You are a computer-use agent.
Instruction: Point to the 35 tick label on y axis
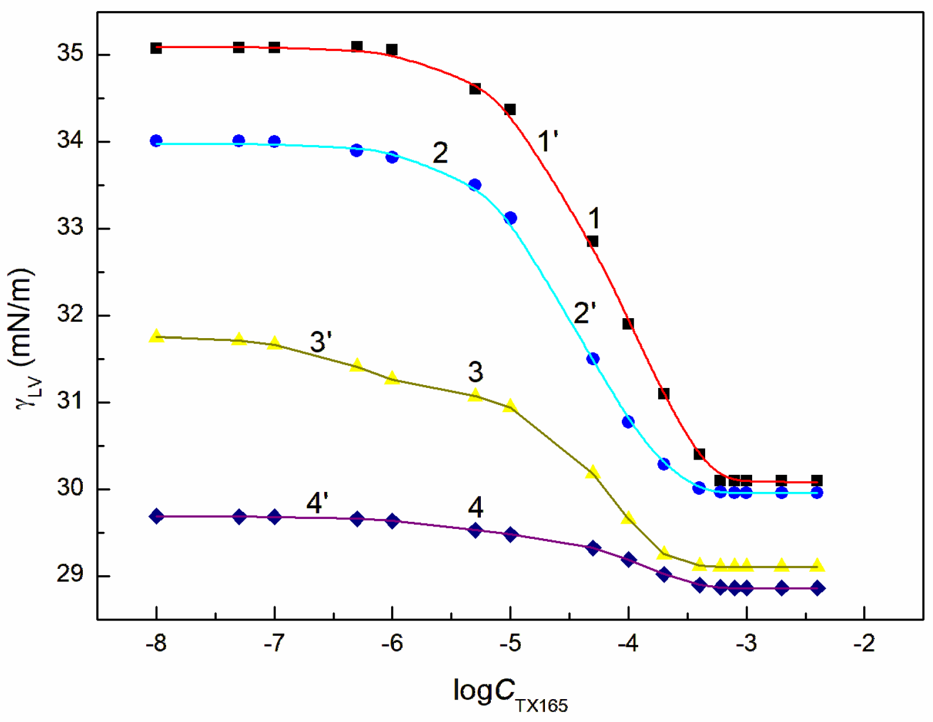(x=70, y=54)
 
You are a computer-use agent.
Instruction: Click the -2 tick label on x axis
(x=864, y=644)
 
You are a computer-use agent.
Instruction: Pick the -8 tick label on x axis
(x=156, y=644)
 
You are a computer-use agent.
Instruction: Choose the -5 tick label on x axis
(x=510, y=644)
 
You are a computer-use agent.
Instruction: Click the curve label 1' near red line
(x=547, y=142)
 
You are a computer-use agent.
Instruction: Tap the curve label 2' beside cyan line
(x=584, y=313)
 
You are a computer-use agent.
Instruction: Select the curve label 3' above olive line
(x=321, y=342)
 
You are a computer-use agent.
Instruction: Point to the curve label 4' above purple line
(x=317, y=503)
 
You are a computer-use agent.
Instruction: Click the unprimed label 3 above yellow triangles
(x=475, y=372)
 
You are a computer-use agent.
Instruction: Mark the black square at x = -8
(x=156, y=48)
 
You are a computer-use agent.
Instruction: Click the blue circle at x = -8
(x=156, y=141)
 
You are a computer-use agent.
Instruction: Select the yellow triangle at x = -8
(x=156, y=336)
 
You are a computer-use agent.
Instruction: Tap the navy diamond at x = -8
(x=156, y=517)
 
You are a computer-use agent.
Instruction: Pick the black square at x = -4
(x=628, y=324)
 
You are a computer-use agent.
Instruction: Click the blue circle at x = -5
(x=510, y=218)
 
